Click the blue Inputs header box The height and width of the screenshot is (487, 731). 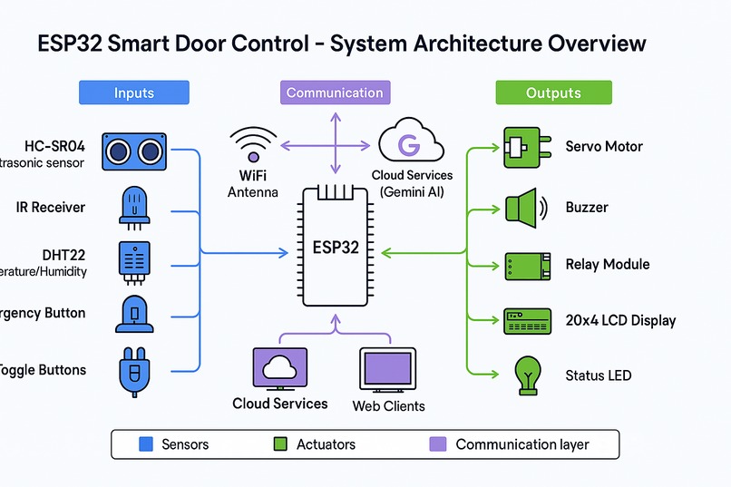(134, 93)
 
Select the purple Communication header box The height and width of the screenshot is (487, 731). (335, 93)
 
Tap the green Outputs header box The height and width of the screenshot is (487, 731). (553, 93)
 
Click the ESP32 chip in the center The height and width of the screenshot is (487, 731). (336, 248)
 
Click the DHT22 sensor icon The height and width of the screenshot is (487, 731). (133, 260)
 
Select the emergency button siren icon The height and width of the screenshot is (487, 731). (133, 314)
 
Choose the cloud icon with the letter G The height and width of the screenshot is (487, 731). (410, 143)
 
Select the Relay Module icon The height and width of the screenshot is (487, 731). (527, 265)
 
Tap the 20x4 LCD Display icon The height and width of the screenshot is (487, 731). (527, 320)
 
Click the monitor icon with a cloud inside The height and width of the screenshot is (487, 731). (279, 370)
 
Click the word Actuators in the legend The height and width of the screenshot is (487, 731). (326, 444)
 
